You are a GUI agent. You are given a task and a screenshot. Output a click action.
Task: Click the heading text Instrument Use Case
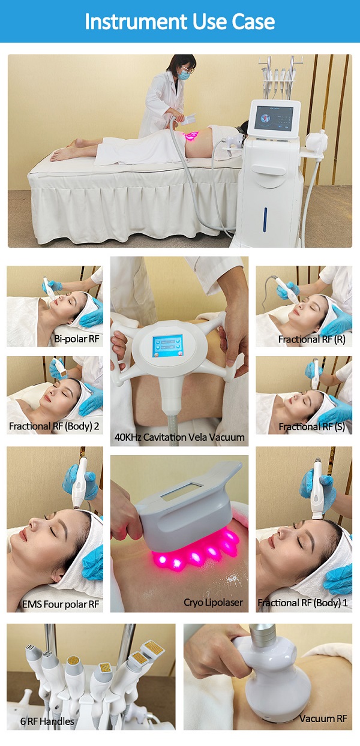pos(179,22)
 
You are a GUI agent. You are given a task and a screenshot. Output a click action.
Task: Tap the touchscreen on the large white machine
pos(274,119)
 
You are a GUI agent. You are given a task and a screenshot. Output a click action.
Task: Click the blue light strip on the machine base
pos(265,219)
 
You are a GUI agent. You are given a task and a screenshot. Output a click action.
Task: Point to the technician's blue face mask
pos(184,75)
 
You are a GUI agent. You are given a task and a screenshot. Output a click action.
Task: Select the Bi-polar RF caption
pos(77,339)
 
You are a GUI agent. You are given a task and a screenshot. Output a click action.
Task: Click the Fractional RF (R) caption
pos(311,339)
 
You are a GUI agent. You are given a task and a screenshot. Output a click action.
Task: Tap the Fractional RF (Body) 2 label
pos(54,426)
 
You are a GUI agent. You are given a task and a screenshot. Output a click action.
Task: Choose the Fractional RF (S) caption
pos(311,426)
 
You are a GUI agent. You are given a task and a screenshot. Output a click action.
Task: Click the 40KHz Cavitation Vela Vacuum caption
pos(179,437)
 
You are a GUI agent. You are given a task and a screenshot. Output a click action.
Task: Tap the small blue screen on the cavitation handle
pos(168,346)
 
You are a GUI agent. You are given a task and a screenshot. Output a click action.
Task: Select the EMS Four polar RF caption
pos(61,604)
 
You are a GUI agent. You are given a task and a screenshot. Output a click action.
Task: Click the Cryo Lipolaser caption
pos(214,602)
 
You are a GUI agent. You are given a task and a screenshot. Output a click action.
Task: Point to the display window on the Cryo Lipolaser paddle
pos(182,492)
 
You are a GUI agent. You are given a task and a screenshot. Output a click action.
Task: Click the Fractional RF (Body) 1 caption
pos(302,603)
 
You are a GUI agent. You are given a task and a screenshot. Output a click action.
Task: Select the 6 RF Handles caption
pos(47,721)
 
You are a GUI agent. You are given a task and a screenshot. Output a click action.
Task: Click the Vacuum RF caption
pos(323,718)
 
